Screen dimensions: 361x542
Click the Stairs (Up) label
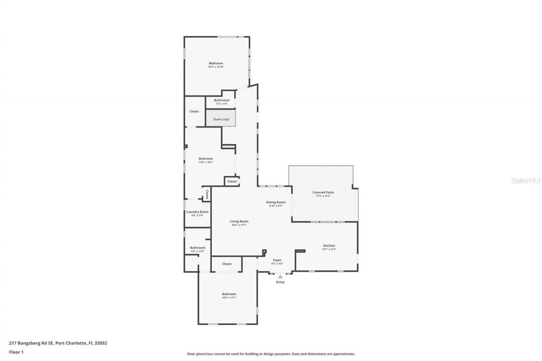(x=221, y=119)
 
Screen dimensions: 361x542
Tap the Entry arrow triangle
(x=280, y=276)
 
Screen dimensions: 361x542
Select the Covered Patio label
(x=323, y=193)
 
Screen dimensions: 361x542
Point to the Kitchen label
(x=329, y=246)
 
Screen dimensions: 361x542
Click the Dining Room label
(x=276, y=202)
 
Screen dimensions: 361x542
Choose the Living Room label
(x=239, y=221)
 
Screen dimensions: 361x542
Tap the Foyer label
(x=277, y=260)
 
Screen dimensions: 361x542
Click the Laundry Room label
(x=197, y=212)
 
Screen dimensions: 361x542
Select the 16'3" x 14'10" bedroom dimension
(x=216, y=67)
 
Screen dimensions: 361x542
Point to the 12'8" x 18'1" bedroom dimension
(x=206, y=162)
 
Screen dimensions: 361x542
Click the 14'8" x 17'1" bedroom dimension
(x=229, y=298)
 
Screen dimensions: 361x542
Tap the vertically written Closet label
(x=207, y=194)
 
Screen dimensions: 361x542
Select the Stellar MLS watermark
(x=526, y=180)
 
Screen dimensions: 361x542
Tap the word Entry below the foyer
(x=280, y=282)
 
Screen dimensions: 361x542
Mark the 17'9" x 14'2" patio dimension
(x=323, y=196)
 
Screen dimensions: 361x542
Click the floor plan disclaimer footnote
(x=271, y=354)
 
